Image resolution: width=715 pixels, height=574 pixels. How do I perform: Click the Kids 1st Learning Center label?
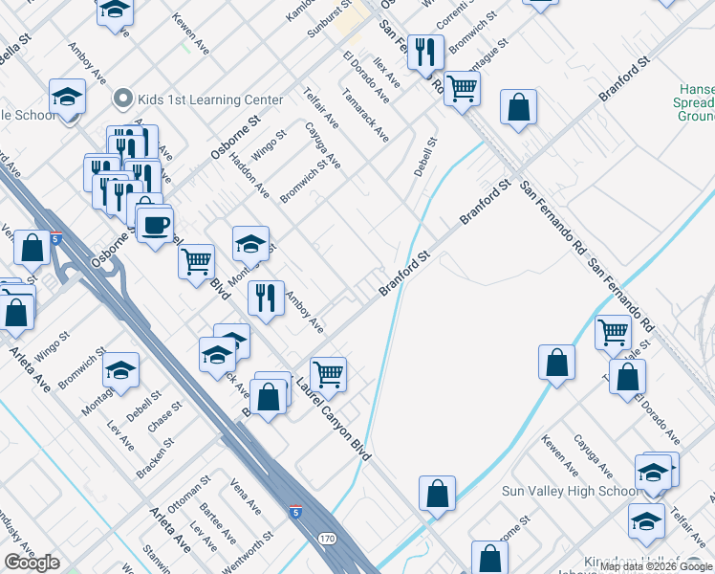[x=209, y=99]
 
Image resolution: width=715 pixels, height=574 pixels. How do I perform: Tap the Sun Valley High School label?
[x=572, y=492]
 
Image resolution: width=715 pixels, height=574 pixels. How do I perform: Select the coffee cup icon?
[x=155, y=227]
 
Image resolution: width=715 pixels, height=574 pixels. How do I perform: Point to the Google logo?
[x=32, y=563]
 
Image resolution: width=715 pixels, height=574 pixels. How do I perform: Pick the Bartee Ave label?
[x=226, y=525]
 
